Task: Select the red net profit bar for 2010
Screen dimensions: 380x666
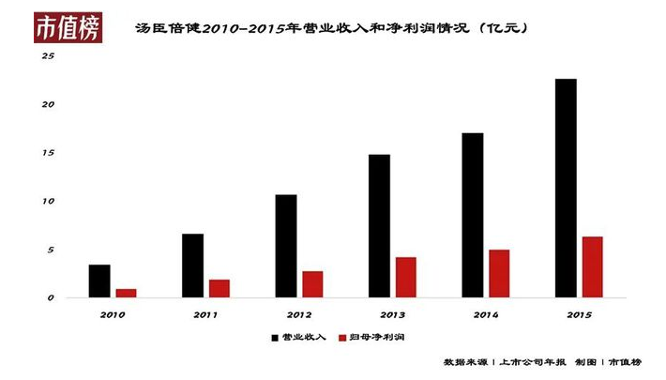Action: [126, 293]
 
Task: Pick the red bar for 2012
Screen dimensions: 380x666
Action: [312, 284]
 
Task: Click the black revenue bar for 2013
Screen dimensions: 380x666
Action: [379, 226]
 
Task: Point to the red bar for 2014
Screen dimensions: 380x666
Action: [499, 274]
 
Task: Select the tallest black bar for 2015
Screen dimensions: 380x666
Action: [566, 188]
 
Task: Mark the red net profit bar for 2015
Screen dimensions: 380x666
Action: [592, 267]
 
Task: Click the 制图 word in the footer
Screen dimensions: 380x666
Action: [585, 361]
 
